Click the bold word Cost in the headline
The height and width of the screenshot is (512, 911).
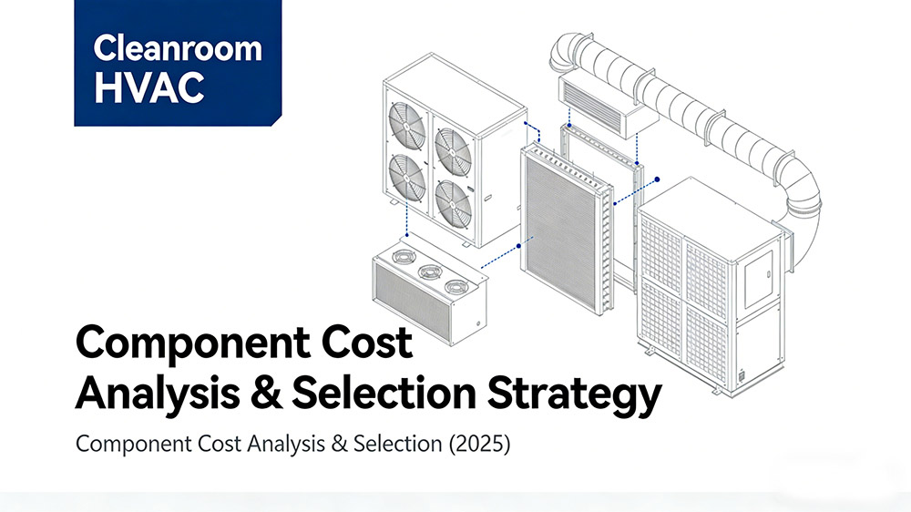[361, 344]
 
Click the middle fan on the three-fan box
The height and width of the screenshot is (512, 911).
[428, 272]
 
